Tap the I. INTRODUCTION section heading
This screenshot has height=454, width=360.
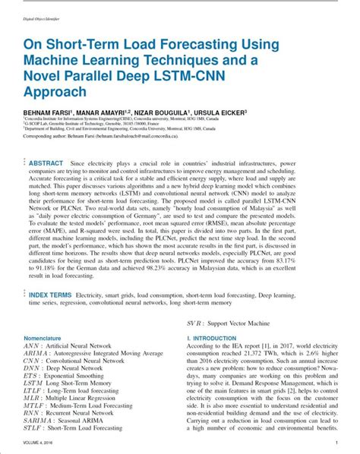(x=216, y=337)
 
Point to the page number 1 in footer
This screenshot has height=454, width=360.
(x=336, y=442)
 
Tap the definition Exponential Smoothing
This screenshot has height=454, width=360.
(x=82, y=375)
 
